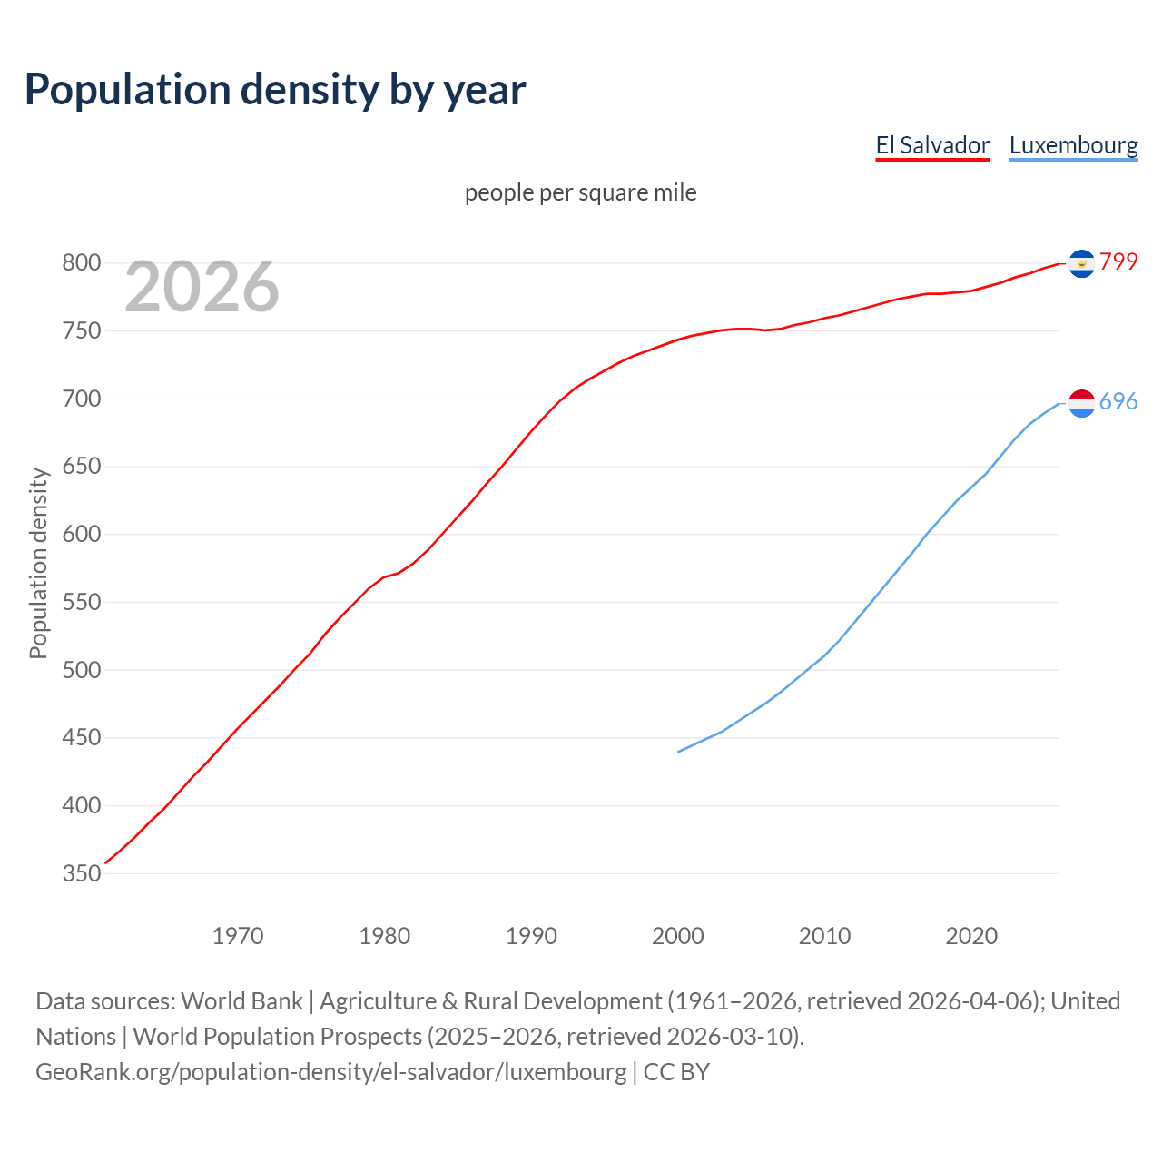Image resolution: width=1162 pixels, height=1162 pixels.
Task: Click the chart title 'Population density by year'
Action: [275, 89]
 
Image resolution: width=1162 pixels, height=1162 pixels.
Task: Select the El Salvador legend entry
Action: [932, 145]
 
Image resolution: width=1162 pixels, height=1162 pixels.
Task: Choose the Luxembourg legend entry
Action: [1073, 145]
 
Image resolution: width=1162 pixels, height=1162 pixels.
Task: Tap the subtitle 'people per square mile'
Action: [581, 192]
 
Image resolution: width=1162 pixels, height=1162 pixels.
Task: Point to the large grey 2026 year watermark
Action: [202, 287]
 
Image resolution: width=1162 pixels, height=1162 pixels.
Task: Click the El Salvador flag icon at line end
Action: [1081, 263]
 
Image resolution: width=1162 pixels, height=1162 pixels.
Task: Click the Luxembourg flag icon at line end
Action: [1081, 403]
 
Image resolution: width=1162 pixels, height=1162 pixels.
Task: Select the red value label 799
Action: [1118, 261]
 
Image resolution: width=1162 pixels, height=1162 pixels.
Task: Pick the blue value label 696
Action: [1118, 401]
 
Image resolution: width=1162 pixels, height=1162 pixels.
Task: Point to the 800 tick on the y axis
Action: [81, 263]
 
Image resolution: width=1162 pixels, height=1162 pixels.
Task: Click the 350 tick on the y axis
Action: [81, 873]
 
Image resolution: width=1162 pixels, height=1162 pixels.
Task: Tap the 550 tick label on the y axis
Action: [81, 602]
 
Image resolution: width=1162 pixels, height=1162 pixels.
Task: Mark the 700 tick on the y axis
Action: [81, 399]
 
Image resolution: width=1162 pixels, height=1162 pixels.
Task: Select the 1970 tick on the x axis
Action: [238, 935]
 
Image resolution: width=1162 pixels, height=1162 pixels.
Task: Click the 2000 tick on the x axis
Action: [678, 935]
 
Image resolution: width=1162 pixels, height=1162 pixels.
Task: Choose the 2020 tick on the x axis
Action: [971, 935]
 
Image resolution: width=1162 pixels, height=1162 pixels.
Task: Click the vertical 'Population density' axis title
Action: [38, 563]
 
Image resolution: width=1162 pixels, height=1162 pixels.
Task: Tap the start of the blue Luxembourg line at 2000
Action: [679, 751]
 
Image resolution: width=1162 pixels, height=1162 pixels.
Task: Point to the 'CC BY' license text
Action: [676, 1071]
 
